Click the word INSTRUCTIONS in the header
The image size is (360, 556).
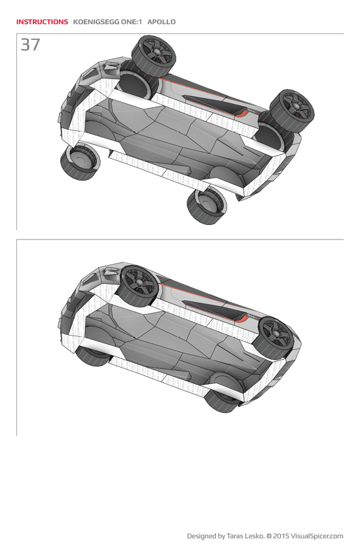[42, 22]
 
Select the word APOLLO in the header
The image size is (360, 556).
[161, 22]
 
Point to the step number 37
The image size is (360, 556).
[30, 45]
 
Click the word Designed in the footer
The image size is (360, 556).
[203, 536]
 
